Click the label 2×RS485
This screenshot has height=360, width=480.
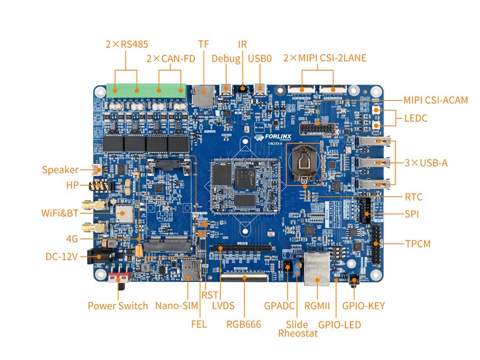coord(127,44)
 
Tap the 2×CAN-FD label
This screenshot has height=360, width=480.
coord(170,58)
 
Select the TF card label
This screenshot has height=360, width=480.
coord(204,44)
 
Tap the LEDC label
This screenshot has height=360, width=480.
coord(416,118)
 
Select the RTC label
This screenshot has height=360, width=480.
coord(414,196)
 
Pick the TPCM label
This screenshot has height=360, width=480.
coord(418,244)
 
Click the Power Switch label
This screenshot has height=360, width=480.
coord(118,305)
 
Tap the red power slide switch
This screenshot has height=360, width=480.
coord(118,281)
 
